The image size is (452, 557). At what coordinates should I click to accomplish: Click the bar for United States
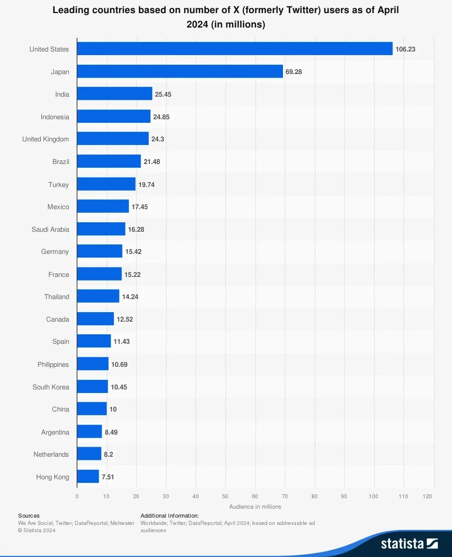click(x=235, y=49)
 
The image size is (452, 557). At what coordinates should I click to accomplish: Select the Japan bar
click(x=180, y=71)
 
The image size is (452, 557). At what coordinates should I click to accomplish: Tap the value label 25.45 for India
click(x=163, y=94)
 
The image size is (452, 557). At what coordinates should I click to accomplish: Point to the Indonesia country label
click(x=55, y=117)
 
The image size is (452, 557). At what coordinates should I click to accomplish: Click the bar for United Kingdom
click(x=113, y=139)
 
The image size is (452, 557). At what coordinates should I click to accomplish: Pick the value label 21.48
click(x=152, y=162)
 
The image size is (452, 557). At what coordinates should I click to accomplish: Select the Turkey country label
click(x=58, y=185)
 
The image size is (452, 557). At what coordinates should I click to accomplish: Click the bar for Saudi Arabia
click(x=101, y=229)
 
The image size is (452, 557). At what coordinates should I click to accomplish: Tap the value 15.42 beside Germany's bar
click(x=133, y=252)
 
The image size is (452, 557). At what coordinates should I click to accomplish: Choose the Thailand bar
click(x=98, y=296)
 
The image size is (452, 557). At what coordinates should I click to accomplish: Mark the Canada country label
click(x=57, y=319)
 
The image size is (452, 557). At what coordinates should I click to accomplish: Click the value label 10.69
click(x=119, y=365)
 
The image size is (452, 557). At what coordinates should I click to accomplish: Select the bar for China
click(x=92, y=409)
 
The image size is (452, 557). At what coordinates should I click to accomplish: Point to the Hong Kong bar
click(x=88, y=477)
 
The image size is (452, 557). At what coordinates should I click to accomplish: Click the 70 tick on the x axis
click(x=285, y=496)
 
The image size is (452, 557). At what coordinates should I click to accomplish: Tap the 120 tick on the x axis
click(x=427, y=496)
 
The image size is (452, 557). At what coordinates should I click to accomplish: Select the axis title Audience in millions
click(x=255, y=507)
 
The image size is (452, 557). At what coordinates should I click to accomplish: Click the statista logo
click(x=409, y=543)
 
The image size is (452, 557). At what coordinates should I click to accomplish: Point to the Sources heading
click(x=29, y=515)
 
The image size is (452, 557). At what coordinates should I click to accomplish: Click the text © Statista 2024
click(x=37, y=530)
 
